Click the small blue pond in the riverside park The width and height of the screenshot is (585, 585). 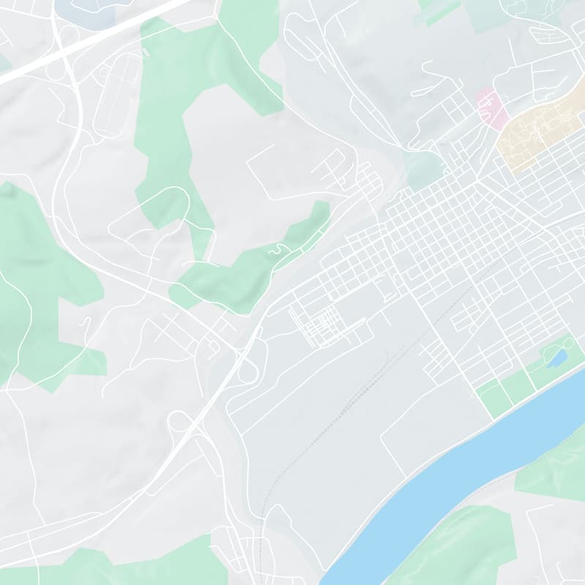(x=557, y=358)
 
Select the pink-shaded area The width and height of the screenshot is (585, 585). (x=491, y=108)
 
